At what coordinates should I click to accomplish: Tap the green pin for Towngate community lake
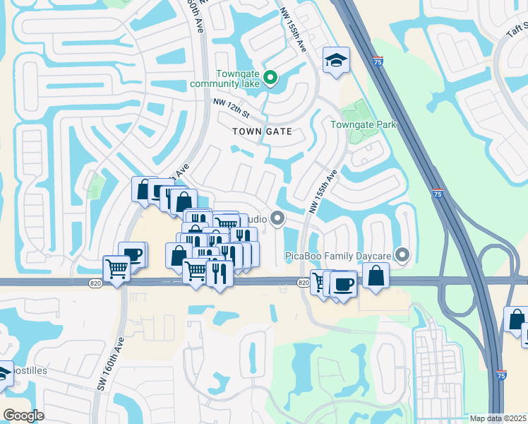270,77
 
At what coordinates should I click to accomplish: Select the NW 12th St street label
232,108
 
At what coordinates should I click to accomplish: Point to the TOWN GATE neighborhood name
262,131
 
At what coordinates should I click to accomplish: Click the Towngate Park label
364,125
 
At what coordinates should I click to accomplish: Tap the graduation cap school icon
336,61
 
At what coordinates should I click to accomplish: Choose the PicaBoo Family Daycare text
339,255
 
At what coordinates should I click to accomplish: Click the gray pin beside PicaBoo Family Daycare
403,254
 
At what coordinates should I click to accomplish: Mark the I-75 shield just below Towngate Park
438,193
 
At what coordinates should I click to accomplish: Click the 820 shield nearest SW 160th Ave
95,283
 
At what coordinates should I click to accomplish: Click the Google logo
23,416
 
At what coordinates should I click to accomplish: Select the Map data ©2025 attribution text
498,418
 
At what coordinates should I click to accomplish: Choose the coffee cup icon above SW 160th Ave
132,254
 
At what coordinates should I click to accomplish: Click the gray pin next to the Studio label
277,218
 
